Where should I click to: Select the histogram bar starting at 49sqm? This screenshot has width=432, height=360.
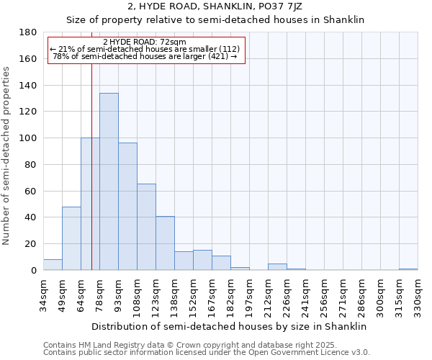coord(71,238)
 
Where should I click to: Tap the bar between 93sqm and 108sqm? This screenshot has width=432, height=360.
coord(127,206)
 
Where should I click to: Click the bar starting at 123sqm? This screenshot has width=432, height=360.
coord(165,243)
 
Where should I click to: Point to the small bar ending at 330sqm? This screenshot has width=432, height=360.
coord(408,269)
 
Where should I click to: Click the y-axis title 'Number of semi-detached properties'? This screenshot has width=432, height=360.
coord(7,156)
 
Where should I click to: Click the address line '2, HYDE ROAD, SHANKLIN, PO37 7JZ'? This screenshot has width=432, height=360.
coord(215,6)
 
